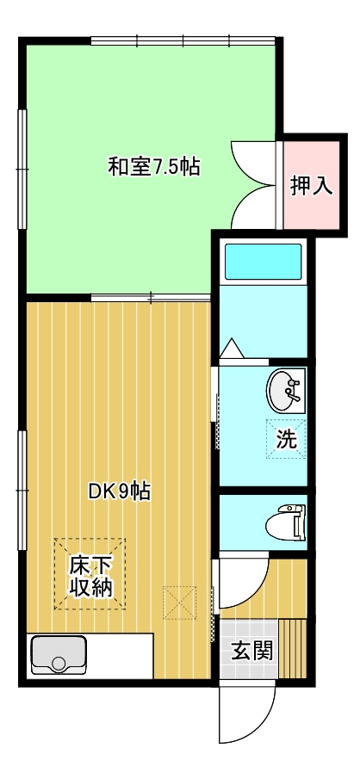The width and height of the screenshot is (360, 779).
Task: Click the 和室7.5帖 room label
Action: [154, 167]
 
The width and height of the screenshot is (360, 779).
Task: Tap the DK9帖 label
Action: [120, 492]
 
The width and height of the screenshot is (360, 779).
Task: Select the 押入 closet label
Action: [311, 186]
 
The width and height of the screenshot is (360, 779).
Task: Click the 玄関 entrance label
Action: [252, 651]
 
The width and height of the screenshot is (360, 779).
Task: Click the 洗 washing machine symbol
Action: [286, 439]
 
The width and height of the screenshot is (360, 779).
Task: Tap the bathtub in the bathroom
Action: [263, 262]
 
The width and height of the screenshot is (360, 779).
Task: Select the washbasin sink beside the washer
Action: [285, 391]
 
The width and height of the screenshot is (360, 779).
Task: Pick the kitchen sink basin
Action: [59, 655]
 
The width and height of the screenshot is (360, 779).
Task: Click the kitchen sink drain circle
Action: [59, 664]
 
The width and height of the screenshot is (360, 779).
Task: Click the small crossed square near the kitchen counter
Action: [179, 603]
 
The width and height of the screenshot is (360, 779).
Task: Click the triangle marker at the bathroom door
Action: [231, 349]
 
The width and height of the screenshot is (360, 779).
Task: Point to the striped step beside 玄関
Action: [292, 648]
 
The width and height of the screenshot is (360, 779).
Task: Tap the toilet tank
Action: [299, 522]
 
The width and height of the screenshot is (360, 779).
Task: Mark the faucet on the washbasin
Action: [294, 390]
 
